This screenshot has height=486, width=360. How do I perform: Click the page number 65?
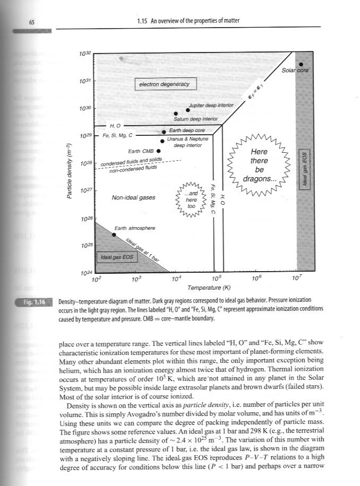click(32, 22)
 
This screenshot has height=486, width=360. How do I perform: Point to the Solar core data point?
click(301, 65)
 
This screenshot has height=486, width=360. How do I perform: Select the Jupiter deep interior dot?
click(187, 110)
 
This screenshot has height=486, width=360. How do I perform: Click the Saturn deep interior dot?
click(176, 114)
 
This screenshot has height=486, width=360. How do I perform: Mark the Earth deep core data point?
click(164, 132)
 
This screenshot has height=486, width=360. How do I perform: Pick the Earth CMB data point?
click(158, 151)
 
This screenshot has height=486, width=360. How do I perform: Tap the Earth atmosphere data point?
click(114, 235)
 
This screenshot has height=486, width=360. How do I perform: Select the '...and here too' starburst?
click(192, 199)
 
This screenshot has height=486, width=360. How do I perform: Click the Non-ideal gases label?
click(133, 198)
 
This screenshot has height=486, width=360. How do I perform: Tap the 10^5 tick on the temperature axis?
click(216, 277)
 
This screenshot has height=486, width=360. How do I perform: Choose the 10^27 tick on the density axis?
click(85, 189)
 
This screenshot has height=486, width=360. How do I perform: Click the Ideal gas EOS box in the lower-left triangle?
click(116, 258)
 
